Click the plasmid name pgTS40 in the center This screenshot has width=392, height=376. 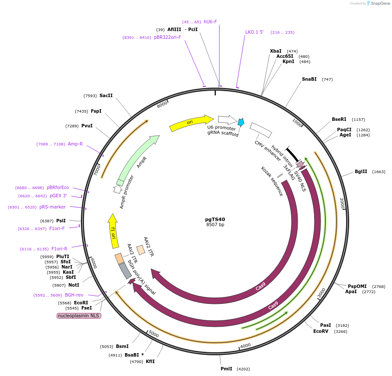click(x=215, y=219)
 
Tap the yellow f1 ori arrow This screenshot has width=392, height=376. click(x=113, y=231)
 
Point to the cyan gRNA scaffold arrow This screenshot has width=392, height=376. click(x=241, y=122)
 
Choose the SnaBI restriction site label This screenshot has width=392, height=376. click(x=309, y=79)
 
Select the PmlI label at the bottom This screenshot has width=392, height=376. click(x=226, y=369)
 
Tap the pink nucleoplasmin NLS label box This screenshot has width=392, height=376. click(x=79, y=316)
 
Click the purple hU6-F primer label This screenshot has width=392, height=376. click(x=210, y=22)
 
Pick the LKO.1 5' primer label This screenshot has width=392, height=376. click(x=254, y=32)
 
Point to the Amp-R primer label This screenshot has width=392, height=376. click(x=75, y=144)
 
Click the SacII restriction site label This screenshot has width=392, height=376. click(x=106, y=95)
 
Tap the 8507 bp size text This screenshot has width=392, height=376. click(x=215, y=224)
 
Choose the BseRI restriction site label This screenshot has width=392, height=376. click(x=339, y=119)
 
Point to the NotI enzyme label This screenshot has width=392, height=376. click(x=74, y=285)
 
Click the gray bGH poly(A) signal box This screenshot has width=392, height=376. click(x=125, y=271)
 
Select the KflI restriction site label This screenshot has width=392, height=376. click(x=150, y=361)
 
